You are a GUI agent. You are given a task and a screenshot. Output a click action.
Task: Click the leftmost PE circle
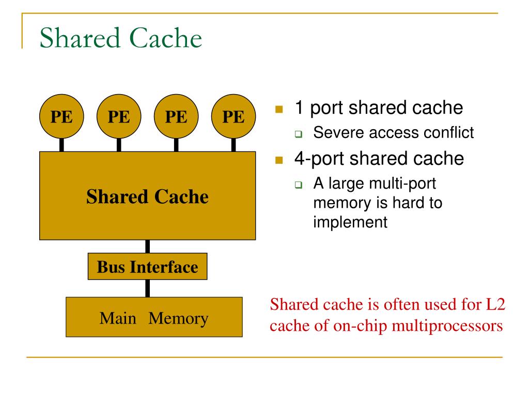click(x=61, y=117)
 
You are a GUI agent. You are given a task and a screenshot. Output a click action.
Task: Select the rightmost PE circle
click(x=234, y=117)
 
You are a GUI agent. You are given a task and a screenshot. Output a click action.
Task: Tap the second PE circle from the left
click(x=119, y=117)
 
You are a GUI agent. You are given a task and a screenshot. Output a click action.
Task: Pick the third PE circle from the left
click(x=176, y=117)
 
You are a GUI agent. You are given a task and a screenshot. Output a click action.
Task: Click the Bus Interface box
click(x=147, y=267)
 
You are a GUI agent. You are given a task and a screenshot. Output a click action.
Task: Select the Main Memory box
click(x=154, y=318)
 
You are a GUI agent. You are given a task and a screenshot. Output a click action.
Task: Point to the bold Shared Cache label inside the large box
click(x=147, y=196)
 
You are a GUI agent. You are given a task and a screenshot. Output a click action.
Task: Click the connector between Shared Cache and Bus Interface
click(x=148, y=247)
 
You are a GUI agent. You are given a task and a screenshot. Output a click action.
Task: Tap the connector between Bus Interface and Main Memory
click(x=148, y=288)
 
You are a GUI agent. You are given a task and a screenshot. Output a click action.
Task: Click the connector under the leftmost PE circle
click(x=61, y=145)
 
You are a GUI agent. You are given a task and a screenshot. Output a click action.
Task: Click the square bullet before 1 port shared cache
click(x=279, y=110)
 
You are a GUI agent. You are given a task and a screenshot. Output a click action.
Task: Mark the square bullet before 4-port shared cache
click(x=279, y=160)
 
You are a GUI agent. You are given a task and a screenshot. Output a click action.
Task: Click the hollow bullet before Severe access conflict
click(x=299, y=135)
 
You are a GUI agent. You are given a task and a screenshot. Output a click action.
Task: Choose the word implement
click(x=349, y=222)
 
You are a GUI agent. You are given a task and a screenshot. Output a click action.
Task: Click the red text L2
click(x=494, y=305)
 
